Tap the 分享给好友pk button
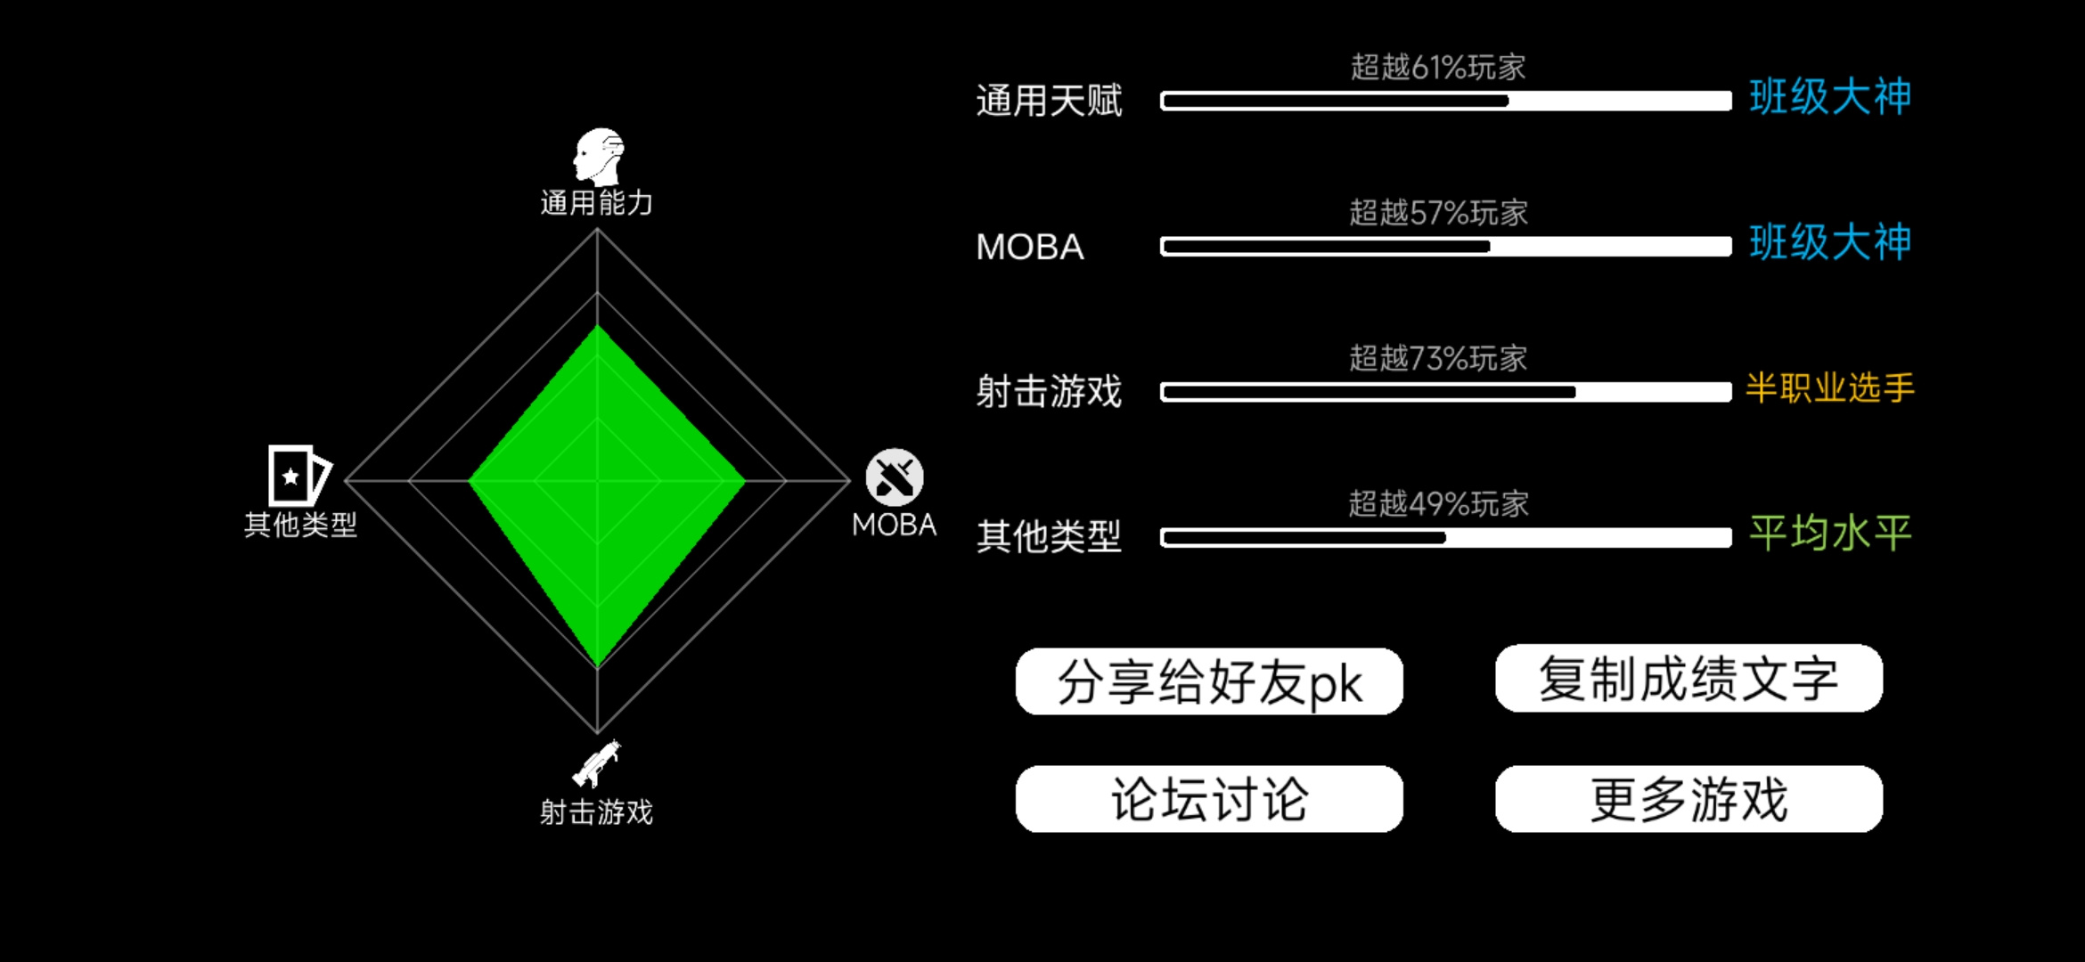point(1209,681)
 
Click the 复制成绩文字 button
point(1688,679)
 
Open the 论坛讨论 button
point(1209,799)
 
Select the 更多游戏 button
point(1688,799)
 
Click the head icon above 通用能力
point(599,157)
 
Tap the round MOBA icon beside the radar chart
point(895,477)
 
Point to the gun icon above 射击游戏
point(596,763)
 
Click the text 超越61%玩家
point(1438,67)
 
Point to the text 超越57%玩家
point(1438,213)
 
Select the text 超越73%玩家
point(1438,358)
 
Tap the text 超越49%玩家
point(1438,504)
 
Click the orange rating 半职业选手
point(1830,388)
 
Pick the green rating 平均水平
point(1830,534)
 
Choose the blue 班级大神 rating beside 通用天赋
point(1830,97)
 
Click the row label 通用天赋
point(1049,101)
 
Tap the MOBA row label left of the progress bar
point(1030,247)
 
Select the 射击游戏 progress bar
point(1445,392)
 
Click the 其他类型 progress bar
point(1445,537)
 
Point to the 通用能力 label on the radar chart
point(596,203)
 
